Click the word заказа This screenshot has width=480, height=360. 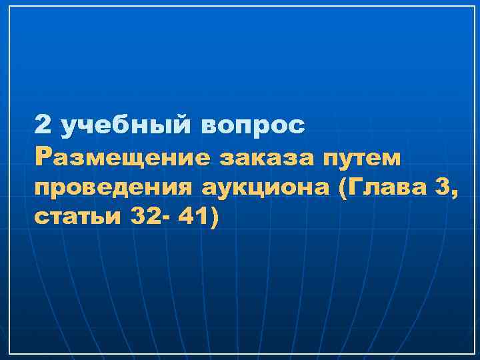pos(263,158)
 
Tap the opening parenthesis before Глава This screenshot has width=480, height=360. pos(343,189)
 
